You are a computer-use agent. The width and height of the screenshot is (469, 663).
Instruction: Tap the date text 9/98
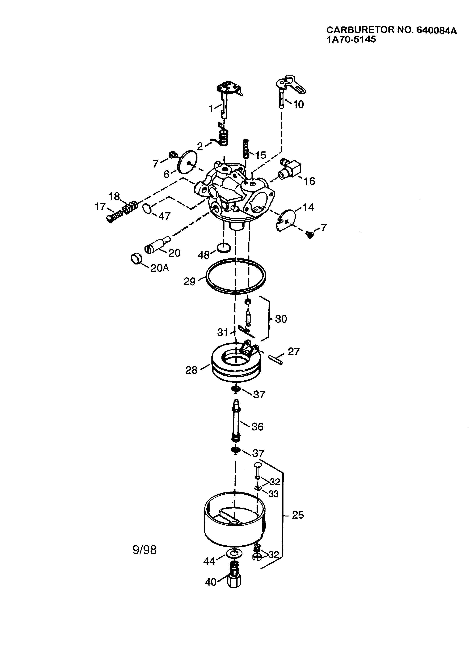tap(144, 550)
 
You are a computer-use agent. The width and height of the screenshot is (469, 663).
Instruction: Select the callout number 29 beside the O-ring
tap(189, 281)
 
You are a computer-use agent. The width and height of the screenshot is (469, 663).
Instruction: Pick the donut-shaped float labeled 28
tap(236, 364)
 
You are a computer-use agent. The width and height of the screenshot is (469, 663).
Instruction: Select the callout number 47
tap(165, 216)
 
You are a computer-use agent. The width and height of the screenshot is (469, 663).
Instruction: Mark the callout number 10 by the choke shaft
tap(298, 104)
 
